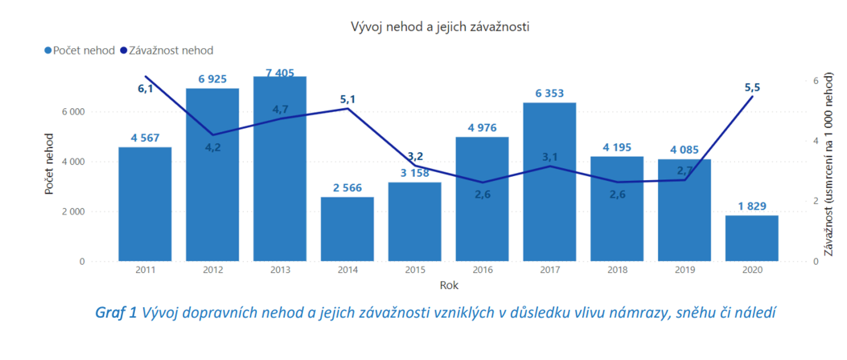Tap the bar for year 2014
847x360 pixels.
pyautogui.click(x=347, y=229)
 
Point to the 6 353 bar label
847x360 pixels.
pyautogui.click(x=549, y=94)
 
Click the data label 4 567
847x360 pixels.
pyautogui.click(x=145, y=138)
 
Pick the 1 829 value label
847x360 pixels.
pyautogui.click(x=752, y=206)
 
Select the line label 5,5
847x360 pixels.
pyautogui.click(x=752, y=88)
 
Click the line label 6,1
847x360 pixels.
pyautogui.click(x=145, y=89)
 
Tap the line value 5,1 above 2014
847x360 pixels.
pyautogui.click(x=348, y=100)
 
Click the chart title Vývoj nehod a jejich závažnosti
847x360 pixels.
pyautogui.click(x=440, y=27)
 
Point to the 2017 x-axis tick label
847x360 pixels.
pyautogui.click(x=550, y=270)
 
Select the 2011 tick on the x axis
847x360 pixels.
pyautogui.click(x=145, y=270)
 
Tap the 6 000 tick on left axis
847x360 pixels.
pyautogui.click(x=73, y=112)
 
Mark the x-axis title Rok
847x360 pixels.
pyautogui.click(x=449, y=285)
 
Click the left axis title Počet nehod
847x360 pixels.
pyautogui.click(x=49, y=164)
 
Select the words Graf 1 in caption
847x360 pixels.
pyautogui.click(x=116, y=313)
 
